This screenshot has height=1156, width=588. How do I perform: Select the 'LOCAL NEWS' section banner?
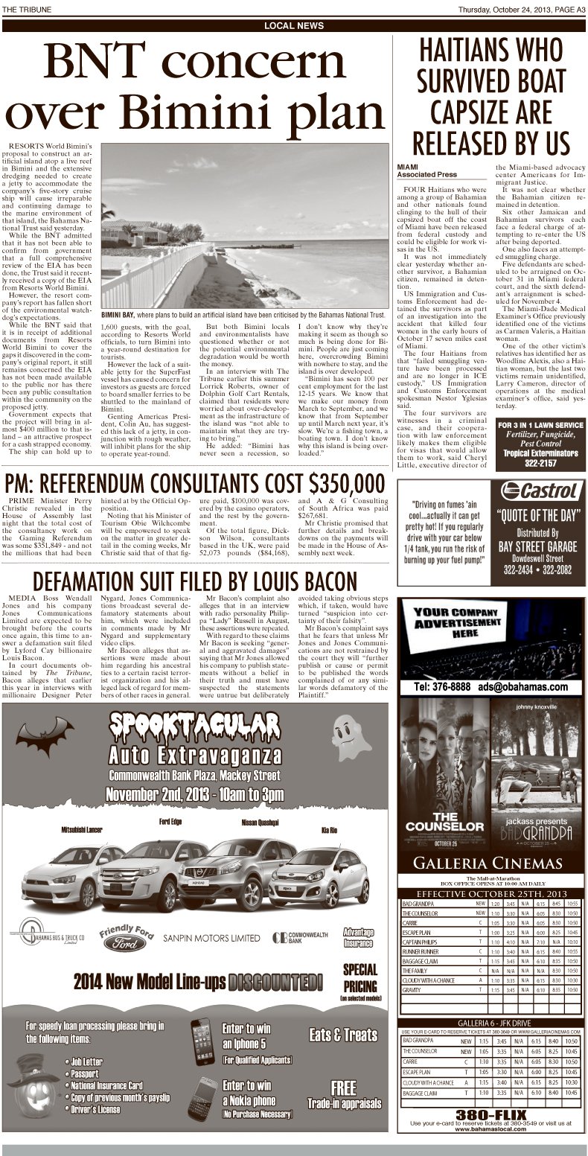(294, 26)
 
